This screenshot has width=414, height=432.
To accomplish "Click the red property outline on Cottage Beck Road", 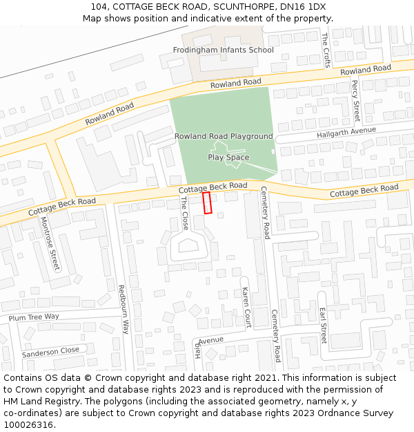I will (207, 203).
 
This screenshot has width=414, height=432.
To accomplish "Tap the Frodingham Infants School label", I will (223, 50).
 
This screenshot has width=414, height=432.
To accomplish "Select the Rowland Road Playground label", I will (224, 136).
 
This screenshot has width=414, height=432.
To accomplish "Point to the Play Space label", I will (228, 158).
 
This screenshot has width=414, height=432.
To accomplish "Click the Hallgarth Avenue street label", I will (346, 132).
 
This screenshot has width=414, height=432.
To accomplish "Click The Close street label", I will (184, 213).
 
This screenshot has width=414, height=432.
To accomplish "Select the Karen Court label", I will (245, 308).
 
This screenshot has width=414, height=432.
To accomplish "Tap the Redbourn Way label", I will (124, 310).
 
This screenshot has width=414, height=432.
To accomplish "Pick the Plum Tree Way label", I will (34, 317).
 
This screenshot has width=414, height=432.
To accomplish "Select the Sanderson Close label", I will (50, 352).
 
